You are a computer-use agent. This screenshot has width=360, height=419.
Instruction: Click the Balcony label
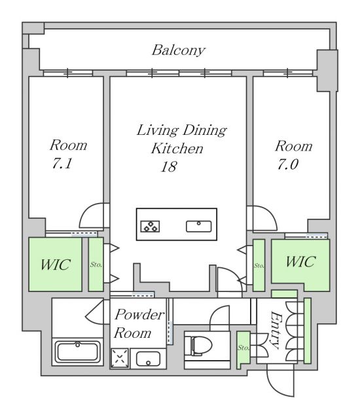tap(179, 50)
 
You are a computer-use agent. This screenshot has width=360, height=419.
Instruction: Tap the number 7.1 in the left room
tap(62, 163)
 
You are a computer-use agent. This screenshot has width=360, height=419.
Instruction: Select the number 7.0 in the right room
tap(287, 164)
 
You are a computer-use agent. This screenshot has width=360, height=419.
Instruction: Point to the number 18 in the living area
tap(169, 166)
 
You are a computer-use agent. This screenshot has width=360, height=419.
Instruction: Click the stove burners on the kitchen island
tap(151, 227)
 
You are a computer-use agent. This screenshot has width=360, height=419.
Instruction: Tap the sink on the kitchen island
tap(199, 227)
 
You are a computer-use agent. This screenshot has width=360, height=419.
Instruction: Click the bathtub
tap(77, 351)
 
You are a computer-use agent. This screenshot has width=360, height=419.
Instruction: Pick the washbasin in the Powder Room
tap(148, 359)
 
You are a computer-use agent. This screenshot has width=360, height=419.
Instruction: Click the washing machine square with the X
tap(120, 358)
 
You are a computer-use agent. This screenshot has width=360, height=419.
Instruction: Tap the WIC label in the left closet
tap(55, 264)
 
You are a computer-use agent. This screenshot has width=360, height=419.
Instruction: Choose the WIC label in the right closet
tap(300, 262)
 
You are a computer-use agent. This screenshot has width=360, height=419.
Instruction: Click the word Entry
tap(276, 330)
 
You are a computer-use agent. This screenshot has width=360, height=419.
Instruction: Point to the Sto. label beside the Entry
tap(243, 348)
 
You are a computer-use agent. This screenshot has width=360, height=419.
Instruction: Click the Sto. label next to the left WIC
tap(96, 264)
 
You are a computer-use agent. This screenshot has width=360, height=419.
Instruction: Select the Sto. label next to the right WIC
tap(259, 265)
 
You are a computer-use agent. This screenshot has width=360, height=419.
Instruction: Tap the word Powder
tap(139, 315)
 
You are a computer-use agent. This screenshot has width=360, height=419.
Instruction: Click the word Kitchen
tap(177, 149)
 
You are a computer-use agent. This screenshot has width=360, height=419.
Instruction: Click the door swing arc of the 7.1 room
tap(88, 211)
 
